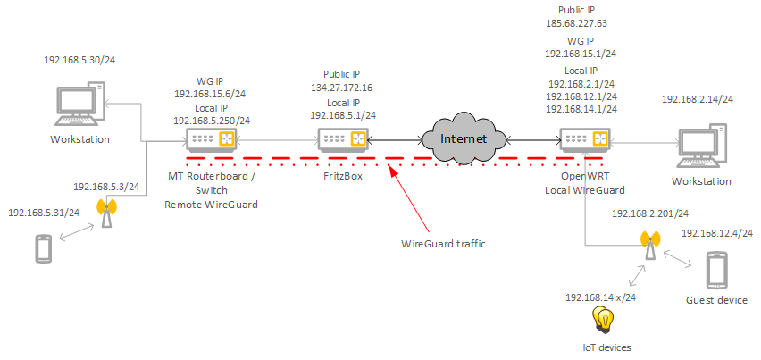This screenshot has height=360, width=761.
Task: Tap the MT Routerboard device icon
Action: click(211, 139)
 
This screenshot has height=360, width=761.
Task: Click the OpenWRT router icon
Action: click(585, 139)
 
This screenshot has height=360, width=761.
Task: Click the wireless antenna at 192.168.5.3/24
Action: click(106, 213)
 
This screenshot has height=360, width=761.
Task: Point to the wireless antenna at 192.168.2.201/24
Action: click(649, 244)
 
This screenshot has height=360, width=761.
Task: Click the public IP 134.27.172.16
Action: click(343, 88)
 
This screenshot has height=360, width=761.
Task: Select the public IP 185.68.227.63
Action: click(583, 24)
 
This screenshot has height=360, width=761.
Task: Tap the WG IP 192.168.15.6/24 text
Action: click(211, 93)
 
